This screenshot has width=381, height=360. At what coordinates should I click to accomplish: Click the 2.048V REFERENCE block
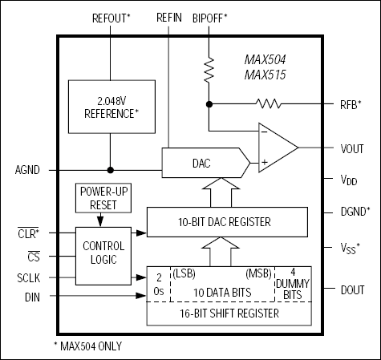[x=109, y=107]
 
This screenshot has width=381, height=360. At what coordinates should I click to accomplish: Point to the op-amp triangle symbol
[x=275, y=147]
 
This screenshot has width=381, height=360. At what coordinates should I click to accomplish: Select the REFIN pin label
[x=169, y=17]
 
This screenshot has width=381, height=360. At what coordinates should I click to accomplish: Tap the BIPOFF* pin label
[x=210, y=17]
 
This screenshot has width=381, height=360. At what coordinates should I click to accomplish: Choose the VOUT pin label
[x=351, y=148]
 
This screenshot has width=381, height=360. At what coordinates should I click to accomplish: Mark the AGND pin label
[x=26, y=170]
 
